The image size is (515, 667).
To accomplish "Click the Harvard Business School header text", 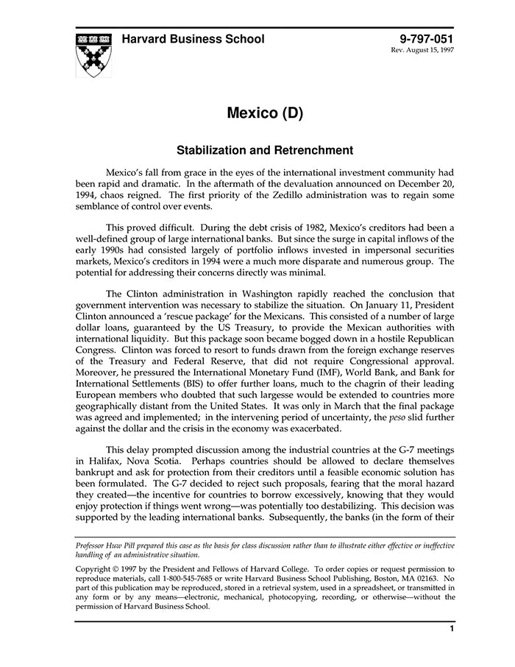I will (193, 39).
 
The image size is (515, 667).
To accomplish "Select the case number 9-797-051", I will (427, 39).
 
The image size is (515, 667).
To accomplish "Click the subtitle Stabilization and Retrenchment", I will (265, 150).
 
